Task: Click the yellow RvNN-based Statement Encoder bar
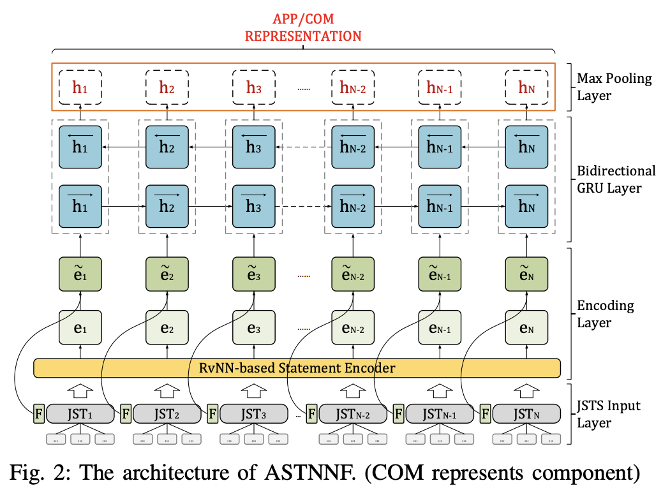tap(297, 368)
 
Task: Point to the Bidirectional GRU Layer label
tap(615, 180)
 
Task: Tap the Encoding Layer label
tap(605, 314)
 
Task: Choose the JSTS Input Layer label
tap(608, 414)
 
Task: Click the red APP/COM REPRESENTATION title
tap(303, 27)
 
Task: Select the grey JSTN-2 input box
tap(353, 413)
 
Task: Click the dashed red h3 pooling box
tap(254, 88)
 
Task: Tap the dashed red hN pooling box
tap(526, 88)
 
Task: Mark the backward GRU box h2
tap(167, 147)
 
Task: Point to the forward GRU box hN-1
tap(440, 206)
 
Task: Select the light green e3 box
tap(254, 329)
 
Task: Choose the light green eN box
tap(526, 329)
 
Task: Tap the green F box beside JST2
tap(126, 413)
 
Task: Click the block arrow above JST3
tap(254, 389)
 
